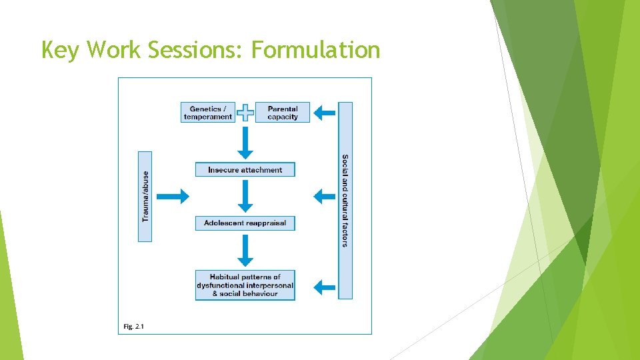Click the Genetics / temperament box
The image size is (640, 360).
point(208,113)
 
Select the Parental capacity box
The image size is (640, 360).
point(283,113)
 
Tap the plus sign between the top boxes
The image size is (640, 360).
point(245,113)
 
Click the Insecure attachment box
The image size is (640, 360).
point(245,170)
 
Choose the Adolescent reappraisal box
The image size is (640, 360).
point(245,223)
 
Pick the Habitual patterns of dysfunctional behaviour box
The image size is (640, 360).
point(245,285)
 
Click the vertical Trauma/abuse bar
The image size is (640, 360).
point(145,196)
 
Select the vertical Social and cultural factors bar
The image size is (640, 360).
point(345,200)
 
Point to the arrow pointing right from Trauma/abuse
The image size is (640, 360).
point(173,196)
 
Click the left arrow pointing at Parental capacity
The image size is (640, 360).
point(325,113)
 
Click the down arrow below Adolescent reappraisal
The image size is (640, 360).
point(245,251)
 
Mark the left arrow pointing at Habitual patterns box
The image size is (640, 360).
point(325,287)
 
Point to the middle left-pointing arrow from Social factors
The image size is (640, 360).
point(325,196)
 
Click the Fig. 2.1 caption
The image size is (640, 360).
point(133,326)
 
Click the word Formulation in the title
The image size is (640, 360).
point(315,50)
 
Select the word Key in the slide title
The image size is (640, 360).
point(59,50)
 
